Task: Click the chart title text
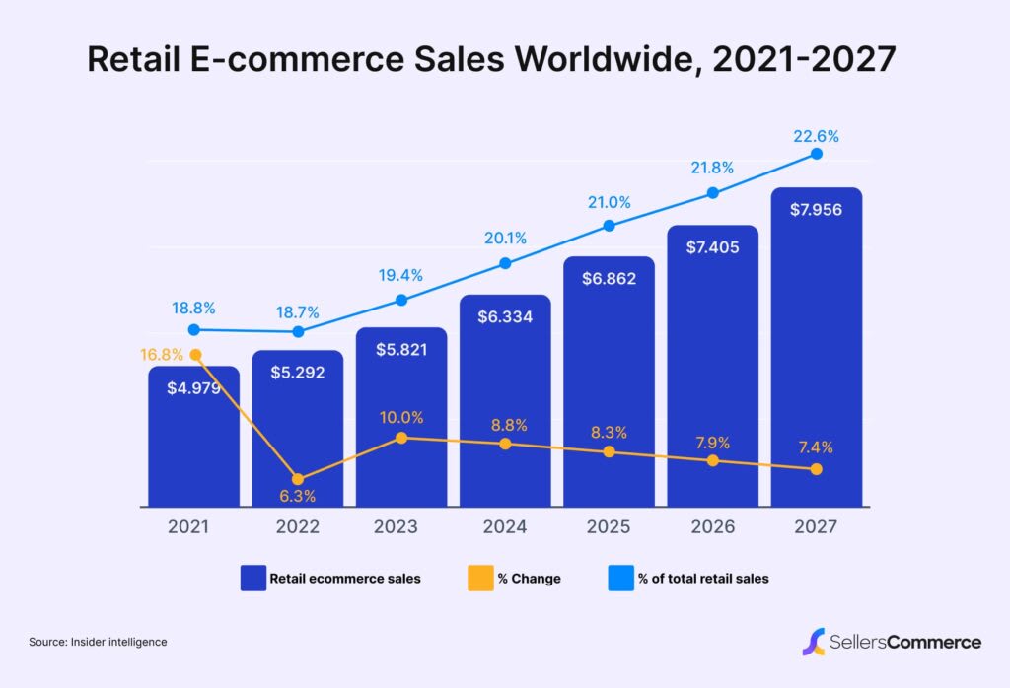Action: (491, 59)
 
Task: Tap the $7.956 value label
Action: (817, 209)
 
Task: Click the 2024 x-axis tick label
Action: (505, 527)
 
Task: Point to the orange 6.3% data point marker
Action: (298, 479)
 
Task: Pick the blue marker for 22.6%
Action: (816, 154)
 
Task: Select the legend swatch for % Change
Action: (477, 579)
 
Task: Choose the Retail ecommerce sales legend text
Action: (345, 579)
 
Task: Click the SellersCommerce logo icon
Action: (814, 642)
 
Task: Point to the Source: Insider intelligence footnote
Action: (98, 642)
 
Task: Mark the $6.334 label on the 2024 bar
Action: (505, 316)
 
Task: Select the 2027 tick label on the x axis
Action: (816, 527)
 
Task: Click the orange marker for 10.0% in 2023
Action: (401, 438)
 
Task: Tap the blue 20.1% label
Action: (505, 238)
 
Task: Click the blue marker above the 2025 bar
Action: (609, 226)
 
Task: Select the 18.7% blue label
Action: (298, 311)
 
